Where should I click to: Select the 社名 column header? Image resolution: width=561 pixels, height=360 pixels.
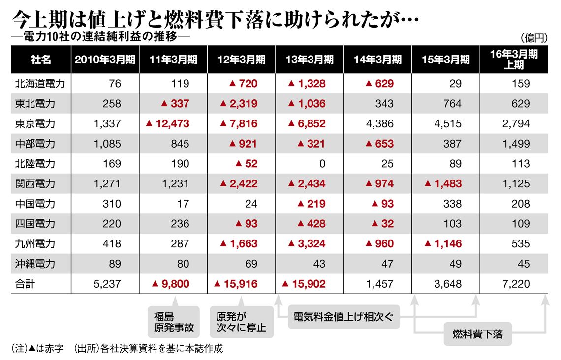(x=40, y=60)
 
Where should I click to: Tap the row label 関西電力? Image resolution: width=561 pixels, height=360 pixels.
(x=35, y=184)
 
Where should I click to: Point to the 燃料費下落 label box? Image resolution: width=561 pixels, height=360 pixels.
(x=477, y=334)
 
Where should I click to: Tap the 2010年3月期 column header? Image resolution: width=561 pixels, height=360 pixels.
(x=105, y=60)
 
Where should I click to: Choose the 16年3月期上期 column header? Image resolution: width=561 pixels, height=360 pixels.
(x=514, y=60)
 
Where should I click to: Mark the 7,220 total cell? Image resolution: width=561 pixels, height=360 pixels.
(x=516, y=284)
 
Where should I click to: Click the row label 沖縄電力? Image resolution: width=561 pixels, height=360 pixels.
(x=35, y=264)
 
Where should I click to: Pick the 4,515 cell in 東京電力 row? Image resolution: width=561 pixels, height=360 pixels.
(x=447, y=123)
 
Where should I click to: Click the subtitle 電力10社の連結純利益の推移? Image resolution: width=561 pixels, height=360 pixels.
(x=100, y=37)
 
